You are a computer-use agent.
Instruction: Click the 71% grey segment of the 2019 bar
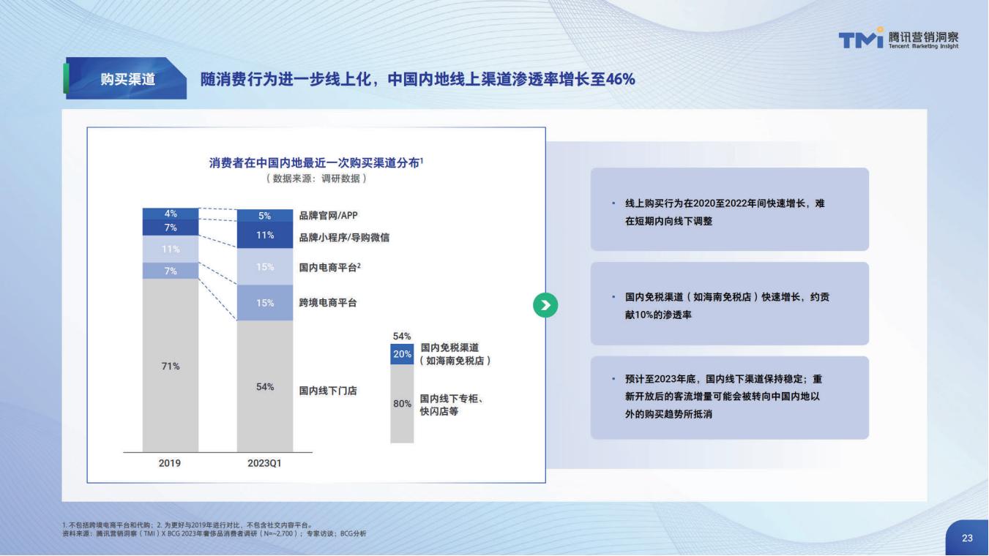pos(171,365)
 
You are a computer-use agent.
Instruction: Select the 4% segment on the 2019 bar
pos(171,214)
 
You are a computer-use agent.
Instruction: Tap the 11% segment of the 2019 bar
pos(171,249)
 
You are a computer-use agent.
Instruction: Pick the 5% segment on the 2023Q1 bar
pos(265,215)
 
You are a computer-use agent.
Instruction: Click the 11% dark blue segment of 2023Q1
pos(265,235)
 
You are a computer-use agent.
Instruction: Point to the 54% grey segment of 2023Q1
pos(265,386)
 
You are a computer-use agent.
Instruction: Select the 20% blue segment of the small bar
pos(402,354)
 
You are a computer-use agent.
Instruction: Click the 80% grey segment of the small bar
pos(402,403)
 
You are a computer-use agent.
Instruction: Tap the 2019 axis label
pos(170,463)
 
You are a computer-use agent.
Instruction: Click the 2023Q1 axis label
pos(264,463)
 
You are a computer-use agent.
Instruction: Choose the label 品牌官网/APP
pos(329,215)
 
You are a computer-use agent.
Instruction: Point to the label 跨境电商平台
pos(328,303)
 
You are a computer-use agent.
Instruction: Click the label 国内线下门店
pos(328,391)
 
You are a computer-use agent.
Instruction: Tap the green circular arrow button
pos(545,305)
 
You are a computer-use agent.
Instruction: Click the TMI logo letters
pos(861,39)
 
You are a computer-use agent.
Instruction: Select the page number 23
pos(967,538)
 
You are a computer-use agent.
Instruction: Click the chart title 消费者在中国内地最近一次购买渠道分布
pos(314,163)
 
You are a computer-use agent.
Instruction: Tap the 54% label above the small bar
pos(402,337)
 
